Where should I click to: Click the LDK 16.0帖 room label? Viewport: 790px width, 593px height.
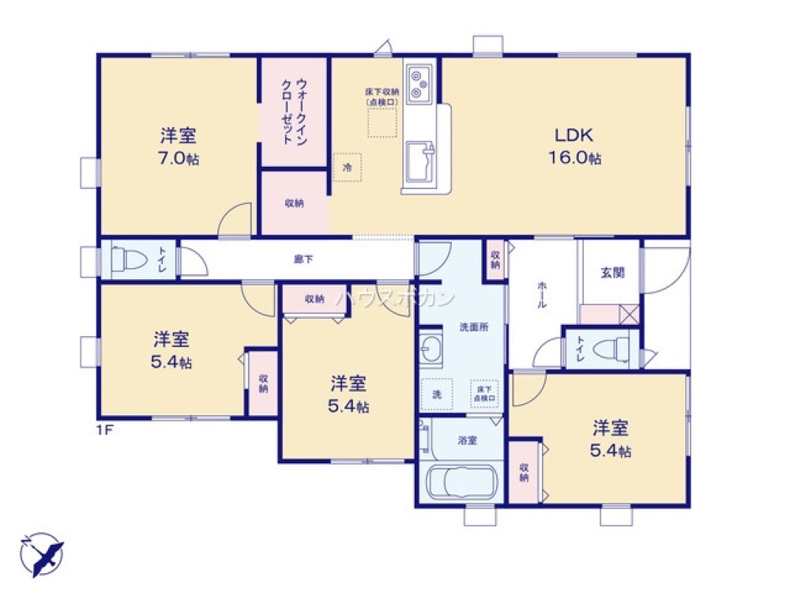click(x=575, y=145)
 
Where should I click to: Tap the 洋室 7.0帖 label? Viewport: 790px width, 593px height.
click(x=177, y=146)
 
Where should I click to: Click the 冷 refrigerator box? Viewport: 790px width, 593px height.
click(x=347, y=167)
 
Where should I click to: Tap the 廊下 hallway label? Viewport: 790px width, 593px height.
click(x=303, y=258)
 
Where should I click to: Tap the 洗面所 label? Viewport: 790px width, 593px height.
click(x=475, y=327)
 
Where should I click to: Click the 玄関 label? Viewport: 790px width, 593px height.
click(x=612, y=272)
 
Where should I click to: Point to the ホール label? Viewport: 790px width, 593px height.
click(x=542, y=294)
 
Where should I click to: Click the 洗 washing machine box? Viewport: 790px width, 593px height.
click(x=436, y=394)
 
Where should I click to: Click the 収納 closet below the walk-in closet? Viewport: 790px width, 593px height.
click(x=294, y=203)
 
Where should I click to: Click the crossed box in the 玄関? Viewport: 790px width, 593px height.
click(x=629, y=315)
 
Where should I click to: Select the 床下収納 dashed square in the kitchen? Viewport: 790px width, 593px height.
click(x=383, y=123)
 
